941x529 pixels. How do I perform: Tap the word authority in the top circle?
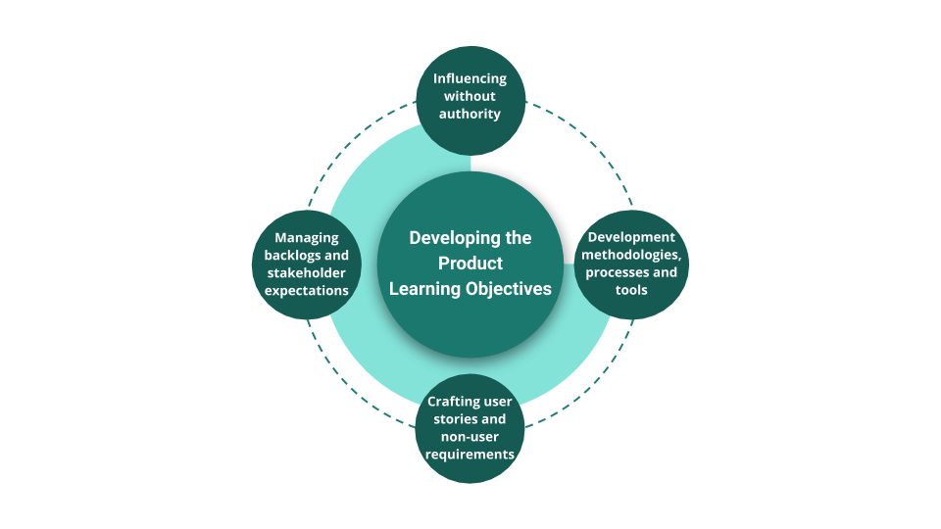470,114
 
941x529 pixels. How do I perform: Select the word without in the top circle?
470,96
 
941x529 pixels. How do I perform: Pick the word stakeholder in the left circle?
307,272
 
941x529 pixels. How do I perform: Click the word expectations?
307,290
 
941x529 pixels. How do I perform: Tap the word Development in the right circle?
631,237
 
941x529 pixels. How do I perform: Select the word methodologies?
631,255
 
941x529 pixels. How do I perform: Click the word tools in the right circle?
631,290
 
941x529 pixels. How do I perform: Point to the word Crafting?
453,402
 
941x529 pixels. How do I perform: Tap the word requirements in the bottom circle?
470,455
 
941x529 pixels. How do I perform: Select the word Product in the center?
470,264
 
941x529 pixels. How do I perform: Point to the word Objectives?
506,289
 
